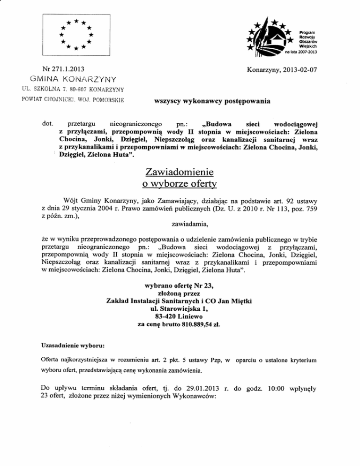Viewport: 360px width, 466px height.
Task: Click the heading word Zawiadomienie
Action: point(180,172)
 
